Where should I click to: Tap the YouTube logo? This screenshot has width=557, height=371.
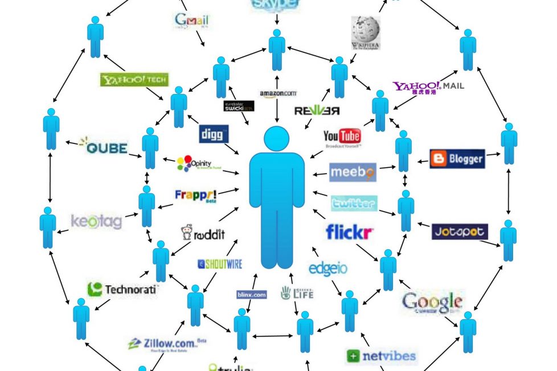(342, 137)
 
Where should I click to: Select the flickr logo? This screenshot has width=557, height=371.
(349, 232)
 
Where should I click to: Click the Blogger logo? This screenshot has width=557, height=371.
(457, 159)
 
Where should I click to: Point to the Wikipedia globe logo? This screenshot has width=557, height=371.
(366, 31)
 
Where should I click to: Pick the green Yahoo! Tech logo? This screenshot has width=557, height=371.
(134, 80)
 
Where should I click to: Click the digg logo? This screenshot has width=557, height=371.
(214, 134)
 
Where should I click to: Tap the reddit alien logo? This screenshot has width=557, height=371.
(203, 233)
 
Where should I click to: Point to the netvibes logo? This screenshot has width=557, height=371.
(381, 356)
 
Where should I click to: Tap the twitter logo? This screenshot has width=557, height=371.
(353, 203)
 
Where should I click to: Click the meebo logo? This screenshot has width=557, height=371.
(353, 171)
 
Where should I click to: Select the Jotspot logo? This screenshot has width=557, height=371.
(460, 232)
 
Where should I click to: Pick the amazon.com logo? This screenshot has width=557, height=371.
(278, 93)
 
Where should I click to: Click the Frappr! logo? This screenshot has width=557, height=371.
(195, 195)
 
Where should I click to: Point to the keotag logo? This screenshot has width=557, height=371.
(96, 221)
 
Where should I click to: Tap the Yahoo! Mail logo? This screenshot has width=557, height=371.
(428, 86)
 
